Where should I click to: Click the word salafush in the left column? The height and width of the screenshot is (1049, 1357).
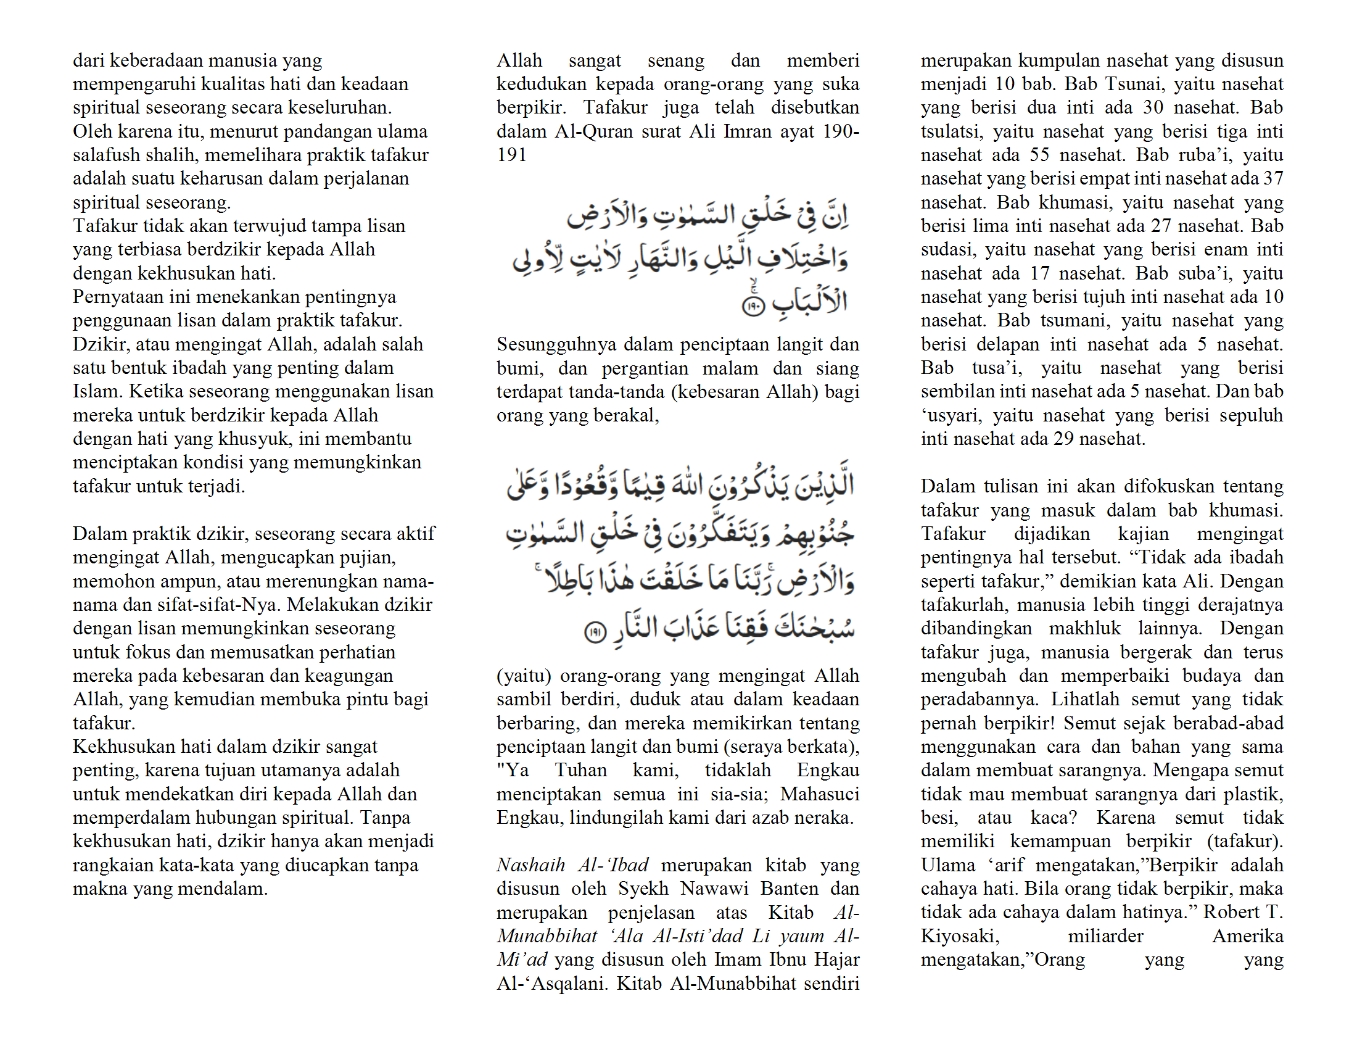pyautogui.click(x=105, y=155)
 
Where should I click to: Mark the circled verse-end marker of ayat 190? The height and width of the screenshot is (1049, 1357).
pyautogui.click(x=754, y=305)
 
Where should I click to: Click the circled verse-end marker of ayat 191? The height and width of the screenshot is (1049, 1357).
pyautogui.click(x=595, y=632)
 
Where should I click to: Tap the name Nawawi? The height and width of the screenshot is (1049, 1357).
pyautogui.click(x=714, y=889)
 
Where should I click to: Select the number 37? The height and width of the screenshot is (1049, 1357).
pyautogui.click(x=1273, y=178)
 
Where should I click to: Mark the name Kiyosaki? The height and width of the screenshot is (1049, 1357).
pyautogui.click(x=960, y=936)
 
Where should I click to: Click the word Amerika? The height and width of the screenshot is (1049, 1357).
pyautogui.click(x=1248, y=936)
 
